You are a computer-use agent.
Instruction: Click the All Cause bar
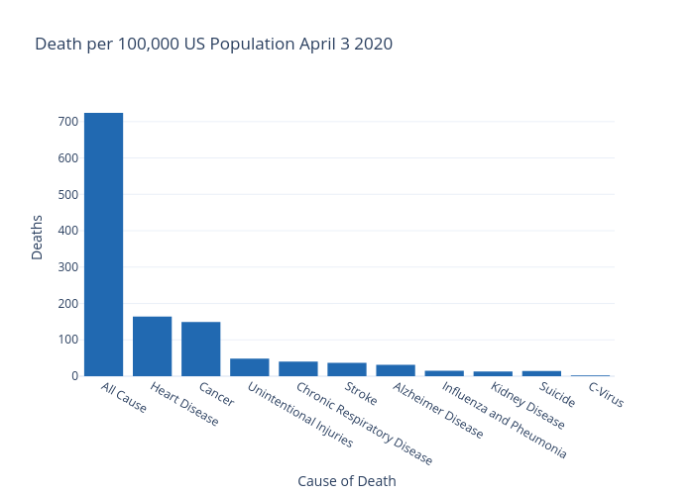103,245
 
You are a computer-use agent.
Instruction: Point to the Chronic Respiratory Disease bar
297,368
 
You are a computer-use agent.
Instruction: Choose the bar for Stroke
346,369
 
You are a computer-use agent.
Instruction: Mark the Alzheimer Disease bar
395,370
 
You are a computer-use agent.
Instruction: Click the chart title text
213,45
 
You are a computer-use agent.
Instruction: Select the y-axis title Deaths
38,238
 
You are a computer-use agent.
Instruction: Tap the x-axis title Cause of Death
346,481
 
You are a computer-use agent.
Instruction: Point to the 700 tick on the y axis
67,122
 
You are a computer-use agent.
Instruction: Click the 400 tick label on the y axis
67,231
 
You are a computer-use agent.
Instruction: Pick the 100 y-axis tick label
67,340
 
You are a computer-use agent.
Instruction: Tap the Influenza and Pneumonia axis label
504,421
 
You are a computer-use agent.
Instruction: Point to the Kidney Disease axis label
527,406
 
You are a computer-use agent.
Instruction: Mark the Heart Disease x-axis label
183,404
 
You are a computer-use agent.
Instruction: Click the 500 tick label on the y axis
67,194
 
